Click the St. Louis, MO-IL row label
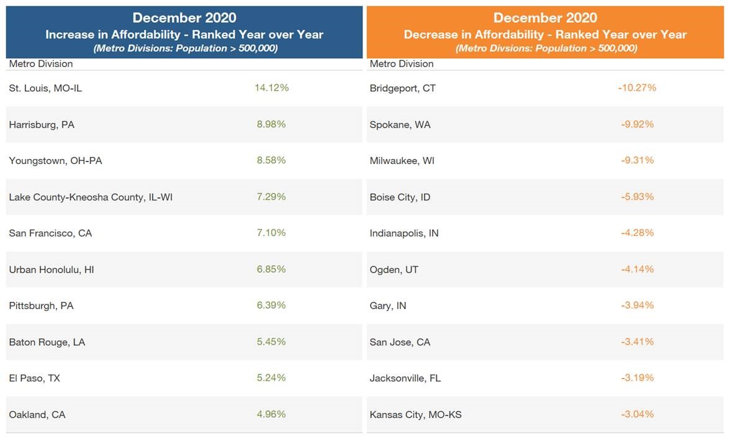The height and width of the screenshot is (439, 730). point(45,88)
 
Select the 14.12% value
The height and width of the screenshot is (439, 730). point(271,88)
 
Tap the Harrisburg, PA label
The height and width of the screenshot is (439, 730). point(42,124)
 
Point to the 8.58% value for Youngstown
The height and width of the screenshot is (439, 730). point(271,160)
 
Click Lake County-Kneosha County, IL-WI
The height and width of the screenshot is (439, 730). point(86,197)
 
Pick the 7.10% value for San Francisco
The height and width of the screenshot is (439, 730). point(271,233)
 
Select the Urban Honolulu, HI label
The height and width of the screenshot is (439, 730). point(52,269)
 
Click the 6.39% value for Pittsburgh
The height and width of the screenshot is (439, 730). point(271,305)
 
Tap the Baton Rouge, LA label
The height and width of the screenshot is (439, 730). point(47,342)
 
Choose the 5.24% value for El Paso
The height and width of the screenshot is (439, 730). point(271,378)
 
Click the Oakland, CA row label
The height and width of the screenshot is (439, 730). point(37,415)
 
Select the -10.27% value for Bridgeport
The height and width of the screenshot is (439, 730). point(637,88)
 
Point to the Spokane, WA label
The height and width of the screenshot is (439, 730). point(400,124)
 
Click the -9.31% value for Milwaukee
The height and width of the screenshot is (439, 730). point(637,160)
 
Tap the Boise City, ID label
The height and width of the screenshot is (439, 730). point(400,197)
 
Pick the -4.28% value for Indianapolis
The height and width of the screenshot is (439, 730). point(637,233)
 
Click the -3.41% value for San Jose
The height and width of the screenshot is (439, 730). point(637,342)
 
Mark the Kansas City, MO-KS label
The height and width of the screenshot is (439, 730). point(415,415)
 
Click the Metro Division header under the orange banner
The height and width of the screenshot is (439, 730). point(402,64)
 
